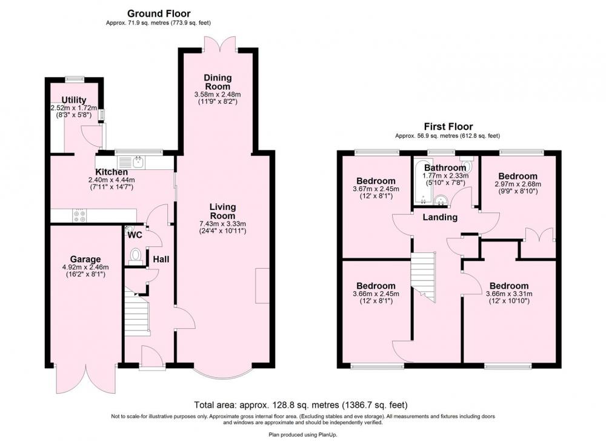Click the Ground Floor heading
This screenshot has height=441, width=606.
coord(158,14)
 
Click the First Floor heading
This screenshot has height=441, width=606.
coord(448,127)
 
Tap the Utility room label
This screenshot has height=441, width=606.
coord(74,101)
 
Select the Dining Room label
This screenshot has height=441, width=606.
coord(218,82)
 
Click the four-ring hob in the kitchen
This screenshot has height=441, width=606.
coord(80,216)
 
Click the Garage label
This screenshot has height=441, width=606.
coord(85,259)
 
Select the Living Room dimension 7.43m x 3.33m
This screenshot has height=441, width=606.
coord(222,224)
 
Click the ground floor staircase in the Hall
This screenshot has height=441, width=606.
coord(137,311)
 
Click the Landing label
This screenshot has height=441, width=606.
coord(440,217)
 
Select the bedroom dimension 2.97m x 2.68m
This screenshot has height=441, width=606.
coord(518,184)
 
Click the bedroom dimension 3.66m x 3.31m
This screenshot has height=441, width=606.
coord(509,294)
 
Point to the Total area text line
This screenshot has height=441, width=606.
coord(301,405)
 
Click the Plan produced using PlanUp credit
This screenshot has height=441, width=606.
coord(303,434)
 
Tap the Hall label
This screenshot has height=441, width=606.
coord(161,259)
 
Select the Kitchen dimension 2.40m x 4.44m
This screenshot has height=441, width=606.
coord(112,180)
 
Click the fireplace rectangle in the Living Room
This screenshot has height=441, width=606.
coord(262,286)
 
